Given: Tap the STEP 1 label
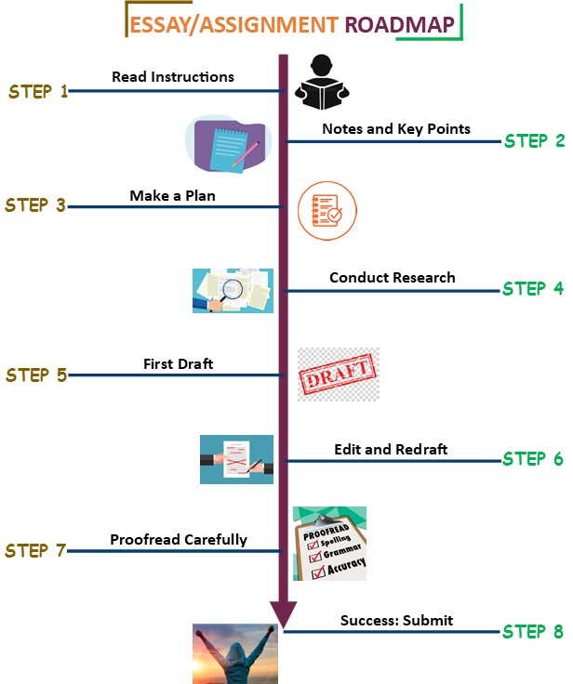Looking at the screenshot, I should pyautogui.click(x=38, y=91).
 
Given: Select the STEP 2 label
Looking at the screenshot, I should pyautogui.click(x=534, y=141).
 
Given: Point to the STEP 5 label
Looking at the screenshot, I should pyautogui.click(x=36, y=375).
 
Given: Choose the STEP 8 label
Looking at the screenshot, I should pyautogui.click(x=533, y=632).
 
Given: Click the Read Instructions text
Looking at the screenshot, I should pyautogui.click(x=173, y=76).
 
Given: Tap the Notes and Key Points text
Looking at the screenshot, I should pyautogui.click(x=396, y=129).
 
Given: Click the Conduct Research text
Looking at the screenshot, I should pyautogui.click(x=393, y=277).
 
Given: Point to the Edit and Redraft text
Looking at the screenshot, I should pyautogui.click(x=391, y=449).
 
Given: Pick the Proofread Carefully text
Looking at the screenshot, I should pyautogui.click(x=179, y=539).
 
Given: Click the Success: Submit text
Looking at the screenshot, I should pyautogui.click(x=396, y=620).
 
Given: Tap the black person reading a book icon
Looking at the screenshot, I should pyautogui.click(x=320, y=82).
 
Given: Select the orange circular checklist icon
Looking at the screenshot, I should pyautogui.click(x=326, y=211).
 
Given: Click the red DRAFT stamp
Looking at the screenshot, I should pyautogui.click(x=338, y=375).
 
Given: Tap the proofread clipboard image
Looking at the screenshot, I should pyautogui.click(x=330, y=544).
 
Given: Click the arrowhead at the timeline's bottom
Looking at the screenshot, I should pyautogui.click(x=283, y=613).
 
